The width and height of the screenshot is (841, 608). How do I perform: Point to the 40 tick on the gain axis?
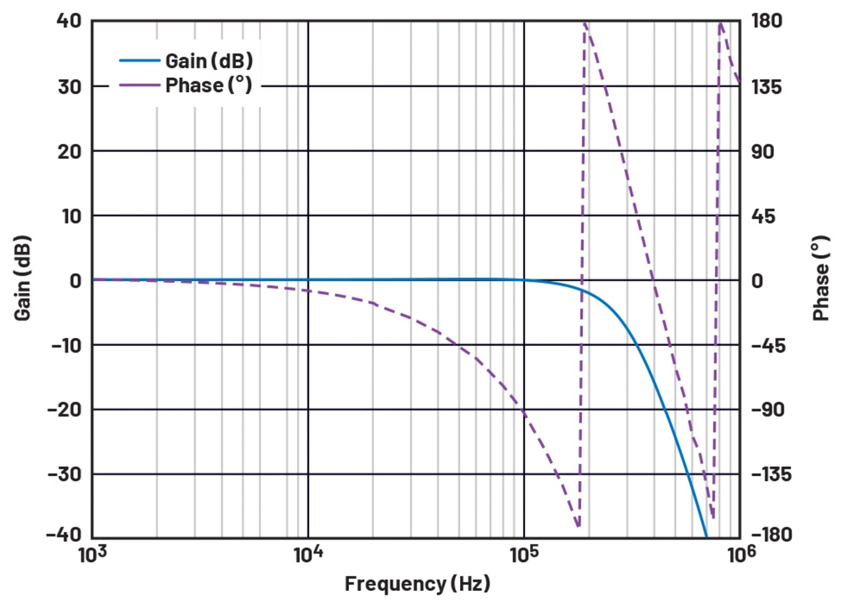pyautogui.click(x=68, y=21)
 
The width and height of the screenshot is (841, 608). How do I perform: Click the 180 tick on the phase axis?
pyautogui.click(x=767, y=21)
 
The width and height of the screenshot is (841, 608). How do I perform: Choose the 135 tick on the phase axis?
pyautogui.click(x=767, y=86)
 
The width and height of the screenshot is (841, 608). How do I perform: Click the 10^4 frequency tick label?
pyautogui.click(x=307, y=555)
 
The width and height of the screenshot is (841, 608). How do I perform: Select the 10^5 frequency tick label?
pyautogui.click(x=524, y=555)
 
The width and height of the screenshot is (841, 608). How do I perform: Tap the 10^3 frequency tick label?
pyautogui.click(x=92, y=555)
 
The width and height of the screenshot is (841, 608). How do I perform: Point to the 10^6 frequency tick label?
pyautogui.click(x=740, y=555)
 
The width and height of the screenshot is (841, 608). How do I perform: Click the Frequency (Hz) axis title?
pyautogui.click(x=417, y=584)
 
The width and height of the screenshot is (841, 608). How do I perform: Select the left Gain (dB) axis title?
pyautogui.click(x=23, y=280)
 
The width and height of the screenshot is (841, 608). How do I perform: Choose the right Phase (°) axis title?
pyautogui.click(x=821, y=280)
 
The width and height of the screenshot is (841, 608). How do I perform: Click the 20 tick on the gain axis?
pyautogui.click(x=68, y=151)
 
